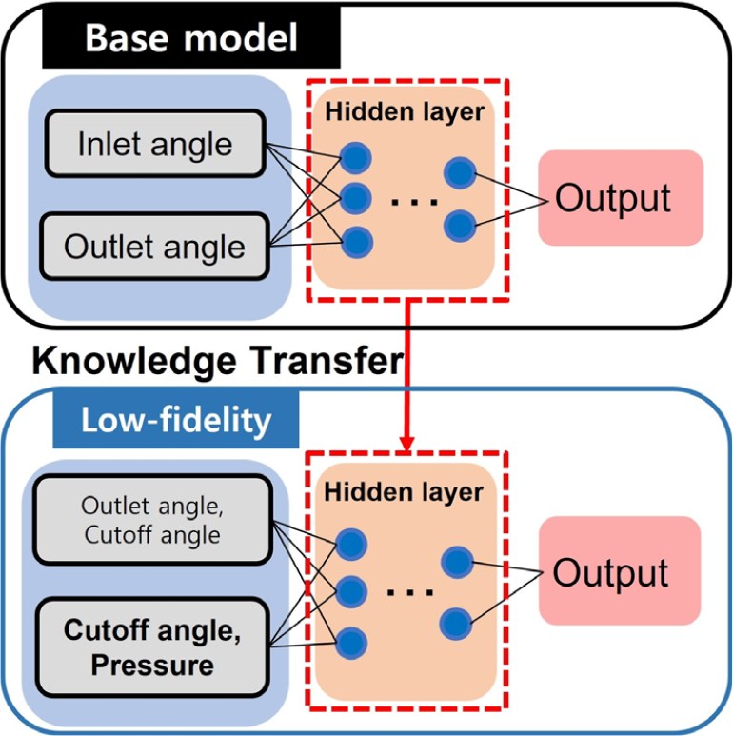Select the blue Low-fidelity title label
point(175,420)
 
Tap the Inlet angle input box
point(154,144)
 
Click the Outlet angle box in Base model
point(154,247)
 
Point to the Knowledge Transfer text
point(217,361)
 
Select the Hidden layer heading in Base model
point(405,111)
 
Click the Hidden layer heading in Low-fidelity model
point(404,493)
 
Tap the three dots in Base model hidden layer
point(414,201)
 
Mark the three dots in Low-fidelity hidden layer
point(410,591)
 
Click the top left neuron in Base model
point(355,157)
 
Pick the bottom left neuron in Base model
point(355,242)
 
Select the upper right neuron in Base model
point(460,172)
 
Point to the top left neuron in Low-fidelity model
point(351,544)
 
